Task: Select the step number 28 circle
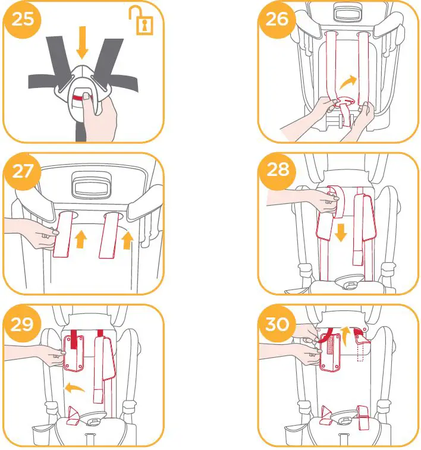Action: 277,171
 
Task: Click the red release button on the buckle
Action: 78,96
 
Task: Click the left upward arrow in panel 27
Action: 81,239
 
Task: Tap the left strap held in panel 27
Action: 62,235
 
